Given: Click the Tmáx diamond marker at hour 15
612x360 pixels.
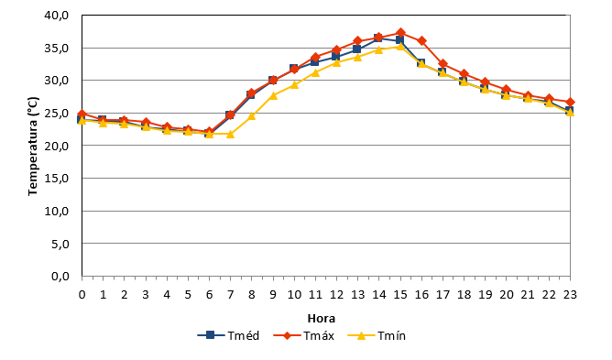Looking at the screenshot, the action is point(400,33).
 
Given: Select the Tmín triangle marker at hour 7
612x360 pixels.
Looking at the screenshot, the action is point(230,134).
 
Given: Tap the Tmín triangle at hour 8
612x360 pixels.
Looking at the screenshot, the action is point(252,115).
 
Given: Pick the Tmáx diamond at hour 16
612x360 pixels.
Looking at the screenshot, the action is point(421,40).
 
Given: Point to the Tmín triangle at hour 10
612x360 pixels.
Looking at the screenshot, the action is point(294,84).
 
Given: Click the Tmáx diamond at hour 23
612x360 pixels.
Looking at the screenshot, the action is point(570,103).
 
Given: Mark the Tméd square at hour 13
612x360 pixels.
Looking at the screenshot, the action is point(357,49).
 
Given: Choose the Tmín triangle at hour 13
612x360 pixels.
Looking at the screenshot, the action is point(357,57).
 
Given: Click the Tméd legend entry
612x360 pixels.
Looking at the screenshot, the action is point(228,335).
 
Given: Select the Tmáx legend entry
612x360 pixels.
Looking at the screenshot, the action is point(303,335).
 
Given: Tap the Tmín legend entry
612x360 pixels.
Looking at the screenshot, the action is point(377,335).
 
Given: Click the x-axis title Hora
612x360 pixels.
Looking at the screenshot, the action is point(322,319).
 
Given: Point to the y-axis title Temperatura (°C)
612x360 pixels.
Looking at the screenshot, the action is point(33,146).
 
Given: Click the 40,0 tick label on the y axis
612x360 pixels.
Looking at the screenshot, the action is point(57,16).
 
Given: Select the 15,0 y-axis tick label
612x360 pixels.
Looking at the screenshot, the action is point(57,178).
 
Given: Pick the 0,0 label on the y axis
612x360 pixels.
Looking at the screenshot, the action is point(60,276).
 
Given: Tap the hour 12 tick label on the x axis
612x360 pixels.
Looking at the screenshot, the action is point(336,294).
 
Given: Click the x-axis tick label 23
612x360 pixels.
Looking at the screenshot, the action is point(570,294).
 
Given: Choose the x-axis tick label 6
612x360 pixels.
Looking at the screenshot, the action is point(209,294).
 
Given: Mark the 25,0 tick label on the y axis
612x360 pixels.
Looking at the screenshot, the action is point(57,114).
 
